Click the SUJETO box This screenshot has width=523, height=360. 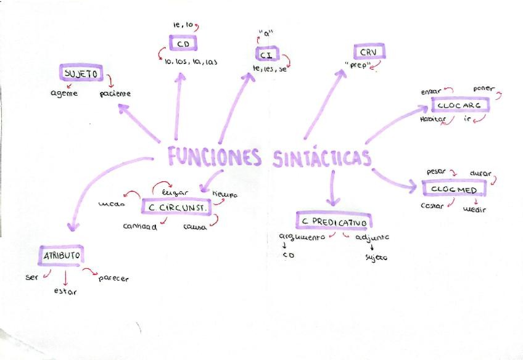pyautogui.click(x=82, y=73)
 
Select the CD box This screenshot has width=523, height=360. pyautogui.click(x=183, y=44)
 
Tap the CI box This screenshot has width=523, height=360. pyautogui.click(x=270, y=55)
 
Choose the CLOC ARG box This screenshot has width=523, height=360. pyautogui.click(x=459, y=105)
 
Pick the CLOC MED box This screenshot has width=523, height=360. pyautogui.click(x=455, y=190)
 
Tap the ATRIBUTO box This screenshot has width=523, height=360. pyautogui.click(x=60, y=255)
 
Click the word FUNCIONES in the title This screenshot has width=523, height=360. pyautogui.click(x=214, y=157)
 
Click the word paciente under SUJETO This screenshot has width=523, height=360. pyautogui.click(x=115, y=94)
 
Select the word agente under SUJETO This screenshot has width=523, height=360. pyautogui.click(x=64, y=94)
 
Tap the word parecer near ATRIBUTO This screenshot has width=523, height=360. pyautogui.click(x=113, y=279)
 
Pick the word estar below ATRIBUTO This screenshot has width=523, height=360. pyautogui.click(x=65, y=292)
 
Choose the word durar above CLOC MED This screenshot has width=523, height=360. pyautogui.click(x=480, y=173)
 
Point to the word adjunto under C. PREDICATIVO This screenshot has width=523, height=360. pyautogui.click(x=373, y=237)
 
